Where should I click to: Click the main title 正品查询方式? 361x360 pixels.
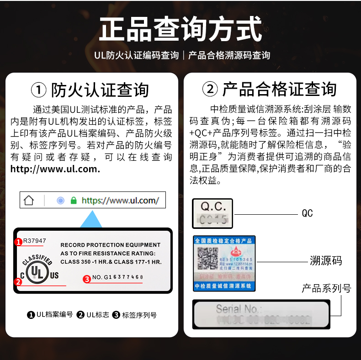click(180, 29)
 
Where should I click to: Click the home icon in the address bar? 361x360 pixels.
click(29, 201)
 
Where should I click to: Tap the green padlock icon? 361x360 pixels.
click(74, 201)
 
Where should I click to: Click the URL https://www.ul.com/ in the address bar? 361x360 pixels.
click(120, 201)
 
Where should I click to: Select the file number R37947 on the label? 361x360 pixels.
click(35, 241)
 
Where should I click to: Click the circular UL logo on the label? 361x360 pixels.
click(36, 273)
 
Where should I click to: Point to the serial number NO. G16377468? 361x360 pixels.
click(117, 277)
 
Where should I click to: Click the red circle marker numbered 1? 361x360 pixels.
click(18, 242)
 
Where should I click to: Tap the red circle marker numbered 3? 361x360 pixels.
click(86, 278)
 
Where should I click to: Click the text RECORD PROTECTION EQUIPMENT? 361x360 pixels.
click(110, 245)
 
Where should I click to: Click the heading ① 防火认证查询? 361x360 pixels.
click(90, 90)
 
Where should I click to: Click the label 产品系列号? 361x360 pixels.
click(326, 288)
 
